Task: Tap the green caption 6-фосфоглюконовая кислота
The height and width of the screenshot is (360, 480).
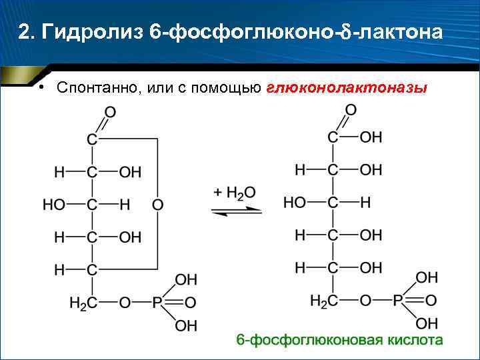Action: [x=339, y=341]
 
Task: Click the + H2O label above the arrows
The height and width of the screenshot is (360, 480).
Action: [x=235, y=193]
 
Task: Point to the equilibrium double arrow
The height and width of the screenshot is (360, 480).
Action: [x=236, y=210]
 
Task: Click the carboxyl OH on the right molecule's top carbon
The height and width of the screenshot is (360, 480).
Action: [x=371, y=137]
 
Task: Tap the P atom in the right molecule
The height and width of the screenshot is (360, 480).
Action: [x=398, y=301]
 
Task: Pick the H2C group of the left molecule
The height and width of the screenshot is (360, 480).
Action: [x=83, y=303]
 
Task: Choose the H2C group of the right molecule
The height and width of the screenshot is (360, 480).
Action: [x=324, y=301]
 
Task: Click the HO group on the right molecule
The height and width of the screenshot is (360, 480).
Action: [x=294, y=202]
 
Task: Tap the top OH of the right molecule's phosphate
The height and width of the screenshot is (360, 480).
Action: [x=427, y=277]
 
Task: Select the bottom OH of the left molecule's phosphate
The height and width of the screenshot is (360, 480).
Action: [x=186, y=326]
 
